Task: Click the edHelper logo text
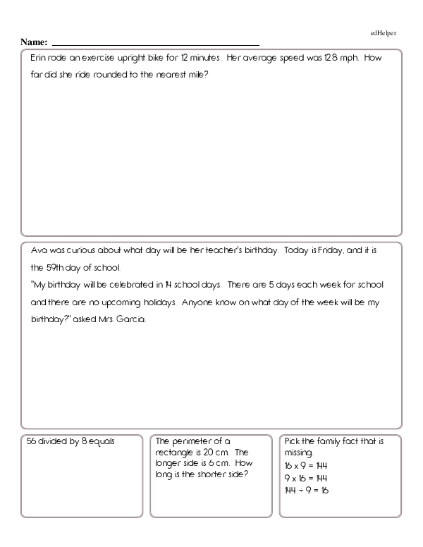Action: coord(384,32)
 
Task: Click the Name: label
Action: coord(34,42)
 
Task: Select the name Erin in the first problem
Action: coord(39,58)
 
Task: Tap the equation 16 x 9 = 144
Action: coord(306,466)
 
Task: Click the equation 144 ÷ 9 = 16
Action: coord(307,490)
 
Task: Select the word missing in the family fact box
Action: coord(299,453)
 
